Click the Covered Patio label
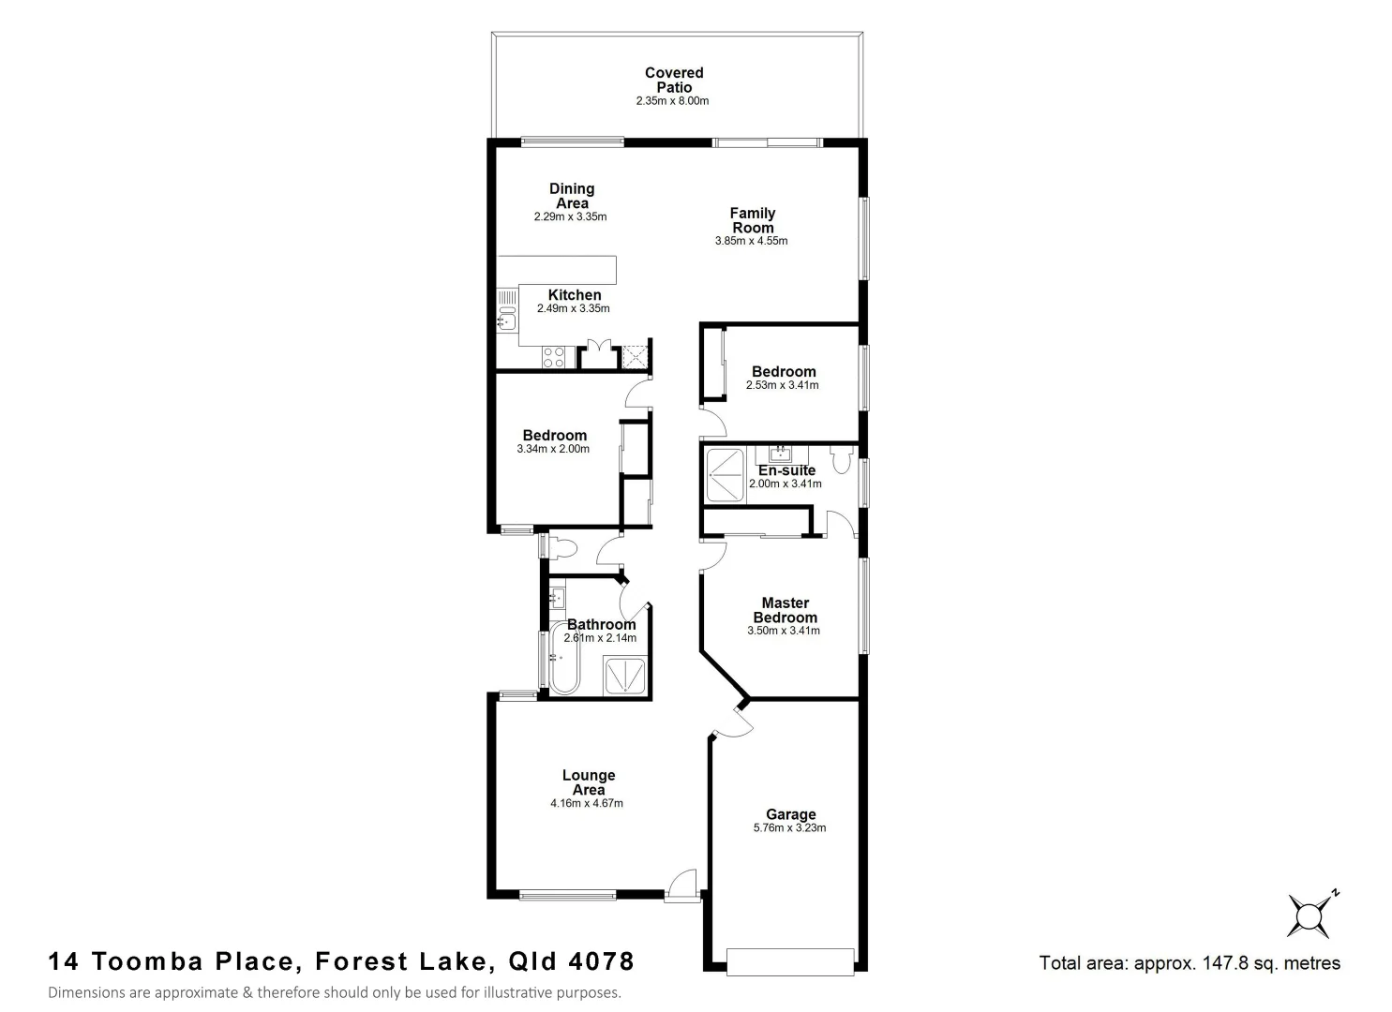pos(673,80)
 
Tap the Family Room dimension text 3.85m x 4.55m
pos(751,241)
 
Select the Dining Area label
pos(571,196)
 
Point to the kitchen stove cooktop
pos(553,357)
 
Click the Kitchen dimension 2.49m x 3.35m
pos(573,308)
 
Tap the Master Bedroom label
pos(785,610)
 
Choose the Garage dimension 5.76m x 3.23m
pos(789,828)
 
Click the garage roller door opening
pos(790,960)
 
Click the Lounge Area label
pos(588,782)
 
